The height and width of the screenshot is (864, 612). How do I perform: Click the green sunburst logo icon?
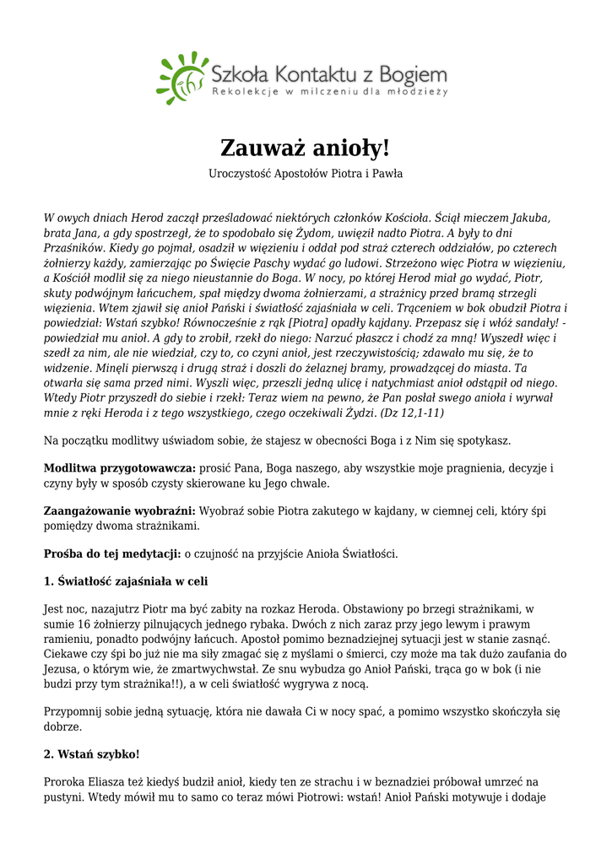pyautogui.click(x=181, y=77)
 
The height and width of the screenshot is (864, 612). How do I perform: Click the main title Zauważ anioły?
pyautogui.click(x=306, y=148)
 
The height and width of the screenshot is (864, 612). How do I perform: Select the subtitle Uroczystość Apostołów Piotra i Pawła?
pyautogui.click(x=306, y=174)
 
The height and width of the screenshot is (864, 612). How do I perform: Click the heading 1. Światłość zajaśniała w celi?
pyautogui.click(x=125, y=581)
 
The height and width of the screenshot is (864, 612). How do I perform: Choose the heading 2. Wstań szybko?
pyautogui.click(x=91, y=753)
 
